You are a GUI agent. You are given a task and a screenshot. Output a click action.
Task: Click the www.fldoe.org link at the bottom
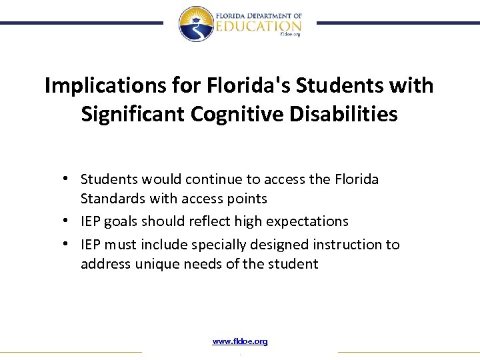point(240,341)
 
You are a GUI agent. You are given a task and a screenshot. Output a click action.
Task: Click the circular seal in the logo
point(195,23)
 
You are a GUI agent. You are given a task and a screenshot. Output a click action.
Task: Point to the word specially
point(219,245)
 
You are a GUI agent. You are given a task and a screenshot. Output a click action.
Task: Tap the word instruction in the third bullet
point(345,245)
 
